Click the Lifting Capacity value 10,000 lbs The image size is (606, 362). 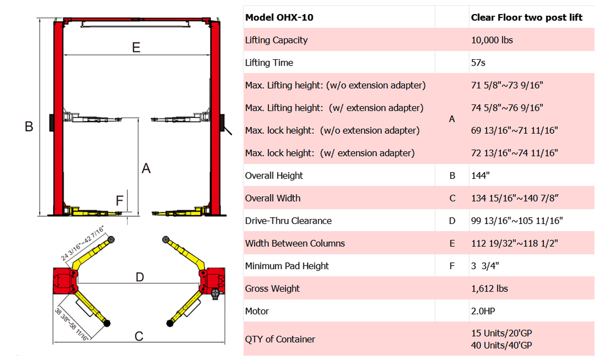click(492, 40)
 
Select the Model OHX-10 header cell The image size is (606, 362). click(279, 17)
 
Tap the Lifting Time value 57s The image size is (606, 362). click(478, 62)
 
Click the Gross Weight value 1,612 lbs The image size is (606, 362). click(490, 289)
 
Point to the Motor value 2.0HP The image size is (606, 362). click(483, 311)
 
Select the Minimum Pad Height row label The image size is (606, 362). click(286, 266)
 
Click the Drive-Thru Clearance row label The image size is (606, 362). click(288, 221)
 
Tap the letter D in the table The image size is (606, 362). click(452, 221)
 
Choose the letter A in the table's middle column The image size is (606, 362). click(452, 119)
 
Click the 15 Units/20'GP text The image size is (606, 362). click(502, 333)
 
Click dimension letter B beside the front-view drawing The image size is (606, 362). click(29, 126)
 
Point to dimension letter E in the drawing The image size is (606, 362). click(136, 47)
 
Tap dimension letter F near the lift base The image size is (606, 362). click(120, 200)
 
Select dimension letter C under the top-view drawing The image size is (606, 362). click(139, 336)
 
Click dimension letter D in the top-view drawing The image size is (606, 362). click(140, 276)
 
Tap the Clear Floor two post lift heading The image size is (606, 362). click(526, 17)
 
